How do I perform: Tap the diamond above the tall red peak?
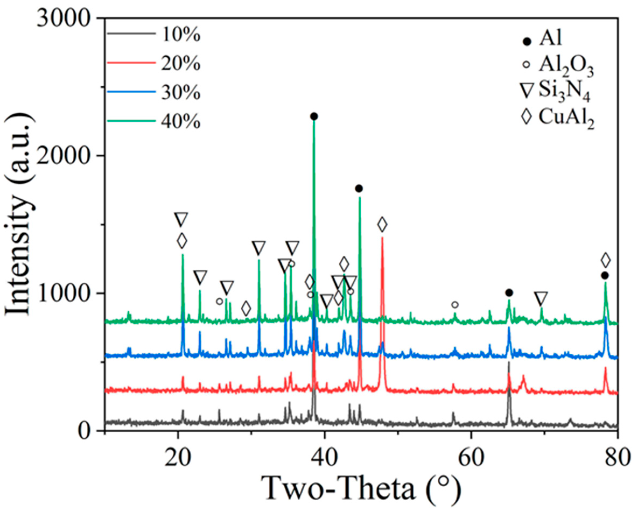[x=382, y=225]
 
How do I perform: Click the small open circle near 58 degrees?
[x=455, y=305]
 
